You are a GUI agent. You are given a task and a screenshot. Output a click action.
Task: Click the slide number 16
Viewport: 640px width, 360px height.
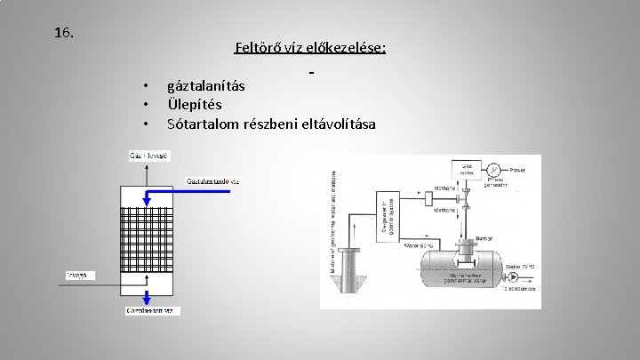coord(63,34)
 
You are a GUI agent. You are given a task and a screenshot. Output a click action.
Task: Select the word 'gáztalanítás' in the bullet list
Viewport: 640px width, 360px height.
coord(206,86)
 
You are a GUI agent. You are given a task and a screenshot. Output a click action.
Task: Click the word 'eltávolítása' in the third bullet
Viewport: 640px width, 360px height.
coord(338,123)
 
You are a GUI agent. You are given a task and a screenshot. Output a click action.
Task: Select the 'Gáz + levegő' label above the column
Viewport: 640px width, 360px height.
coord(143,157)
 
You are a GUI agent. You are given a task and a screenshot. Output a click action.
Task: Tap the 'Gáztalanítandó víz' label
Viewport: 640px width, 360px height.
coord(212,181)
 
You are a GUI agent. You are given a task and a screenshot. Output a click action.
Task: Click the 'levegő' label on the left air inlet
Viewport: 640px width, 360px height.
coord(77,275)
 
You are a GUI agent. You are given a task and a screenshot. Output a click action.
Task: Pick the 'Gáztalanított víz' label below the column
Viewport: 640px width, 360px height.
coord(150,310)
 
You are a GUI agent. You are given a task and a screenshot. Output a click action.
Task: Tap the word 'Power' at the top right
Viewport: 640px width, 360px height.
coord(517,169)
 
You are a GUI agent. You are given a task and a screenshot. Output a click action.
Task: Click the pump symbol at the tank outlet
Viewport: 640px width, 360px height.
coord(514,276)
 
